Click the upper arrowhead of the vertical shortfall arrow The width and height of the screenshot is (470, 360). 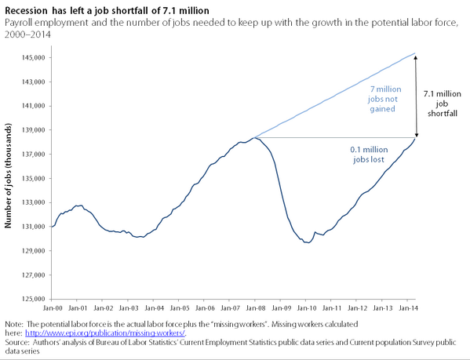416,56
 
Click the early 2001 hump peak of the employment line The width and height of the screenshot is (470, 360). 78,205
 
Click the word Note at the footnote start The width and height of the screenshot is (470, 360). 14,322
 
